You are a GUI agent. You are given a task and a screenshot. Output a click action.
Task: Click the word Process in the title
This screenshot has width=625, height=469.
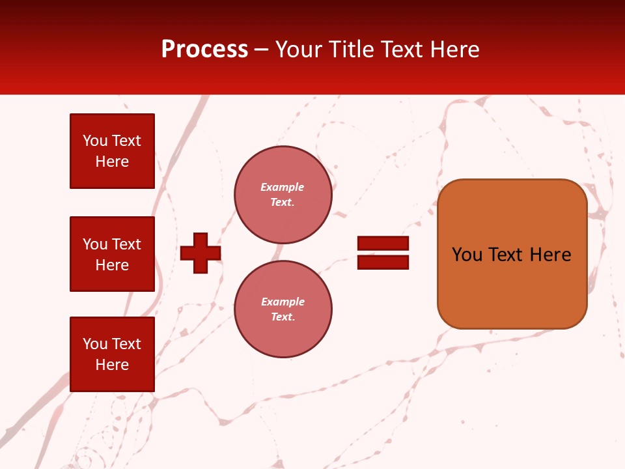pyautogui.click(x=204, y=50)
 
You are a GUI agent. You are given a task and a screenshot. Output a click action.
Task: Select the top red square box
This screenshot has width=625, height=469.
pyautogui.click(x=112, y=151)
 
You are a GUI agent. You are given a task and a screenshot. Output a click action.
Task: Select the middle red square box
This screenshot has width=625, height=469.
pyautogui.click(x=112, y=254)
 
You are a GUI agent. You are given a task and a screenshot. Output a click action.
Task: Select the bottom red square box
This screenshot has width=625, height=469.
pyautogui.click(x=112, y=354)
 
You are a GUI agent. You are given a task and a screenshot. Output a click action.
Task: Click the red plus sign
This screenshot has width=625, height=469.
pyautogui.click(x=201, y=253)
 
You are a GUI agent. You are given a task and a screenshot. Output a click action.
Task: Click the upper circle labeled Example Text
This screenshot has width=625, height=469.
pyautogui.click(x=283, y=195)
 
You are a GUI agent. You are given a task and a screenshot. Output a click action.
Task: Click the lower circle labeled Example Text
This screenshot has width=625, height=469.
pyautogui.click(x=283, y=309)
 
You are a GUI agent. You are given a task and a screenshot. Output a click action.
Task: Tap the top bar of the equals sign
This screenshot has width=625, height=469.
pyautogui.click(x=383, y=243)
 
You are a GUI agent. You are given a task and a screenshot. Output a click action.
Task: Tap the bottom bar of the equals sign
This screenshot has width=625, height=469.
pyautogui.click(x=383, y=262)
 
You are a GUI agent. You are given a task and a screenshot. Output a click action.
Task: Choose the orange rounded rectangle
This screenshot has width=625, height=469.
pyautogui.click(x=512, y=287)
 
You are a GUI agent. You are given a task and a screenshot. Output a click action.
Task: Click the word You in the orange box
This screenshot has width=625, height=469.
pyautogui.click(x=467, y=255)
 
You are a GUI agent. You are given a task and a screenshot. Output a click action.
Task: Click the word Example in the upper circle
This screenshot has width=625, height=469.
pyautogui.click(x=283, y=188)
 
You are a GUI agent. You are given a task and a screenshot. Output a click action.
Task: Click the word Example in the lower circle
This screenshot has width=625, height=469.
pyautogui.click(x=283, y=302)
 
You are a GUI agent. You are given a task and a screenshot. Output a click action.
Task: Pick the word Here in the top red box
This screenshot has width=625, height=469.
pyautogui.click(x=112, y=162)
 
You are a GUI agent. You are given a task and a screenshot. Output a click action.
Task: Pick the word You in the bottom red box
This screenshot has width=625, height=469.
pyautogui.click(x=94, y=344)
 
